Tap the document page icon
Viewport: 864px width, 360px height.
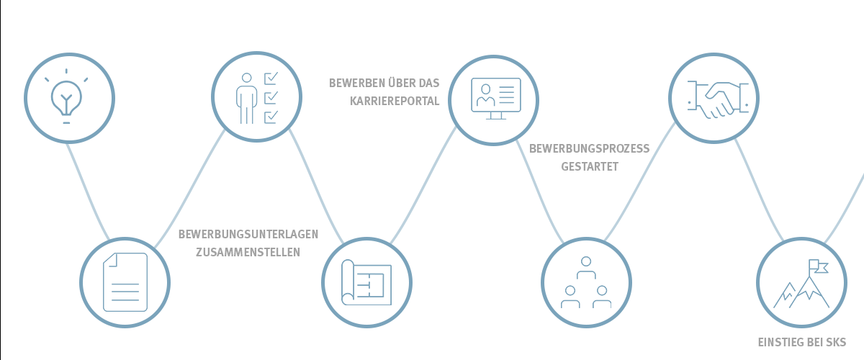[125, 282]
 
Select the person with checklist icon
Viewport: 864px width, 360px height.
[257, 98]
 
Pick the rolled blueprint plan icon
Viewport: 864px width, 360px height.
[366, 282]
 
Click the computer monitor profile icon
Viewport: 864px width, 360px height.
[495, 99]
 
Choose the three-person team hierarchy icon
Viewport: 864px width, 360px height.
[586, 282]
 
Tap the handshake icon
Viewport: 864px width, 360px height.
[718, 99]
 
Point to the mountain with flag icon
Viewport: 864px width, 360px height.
[801, 284]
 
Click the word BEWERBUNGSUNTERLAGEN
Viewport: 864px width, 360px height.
[248, 234]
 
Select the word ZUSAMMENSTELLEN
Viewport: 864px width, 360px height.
[248, 252]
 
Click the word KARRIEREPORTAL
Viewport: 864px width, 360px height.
[395, 101]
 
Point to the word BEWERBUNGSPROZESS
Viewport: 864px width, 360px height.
[590, 148]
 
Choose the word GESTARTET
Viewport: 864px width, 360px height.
[590, 167]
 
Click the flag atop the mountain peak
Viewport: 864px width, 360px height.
[818, 266]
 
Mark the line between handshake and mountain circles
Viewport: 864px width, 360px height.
[758, 190]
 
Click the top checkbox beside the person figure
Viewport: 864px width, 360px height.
[271, 78]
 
